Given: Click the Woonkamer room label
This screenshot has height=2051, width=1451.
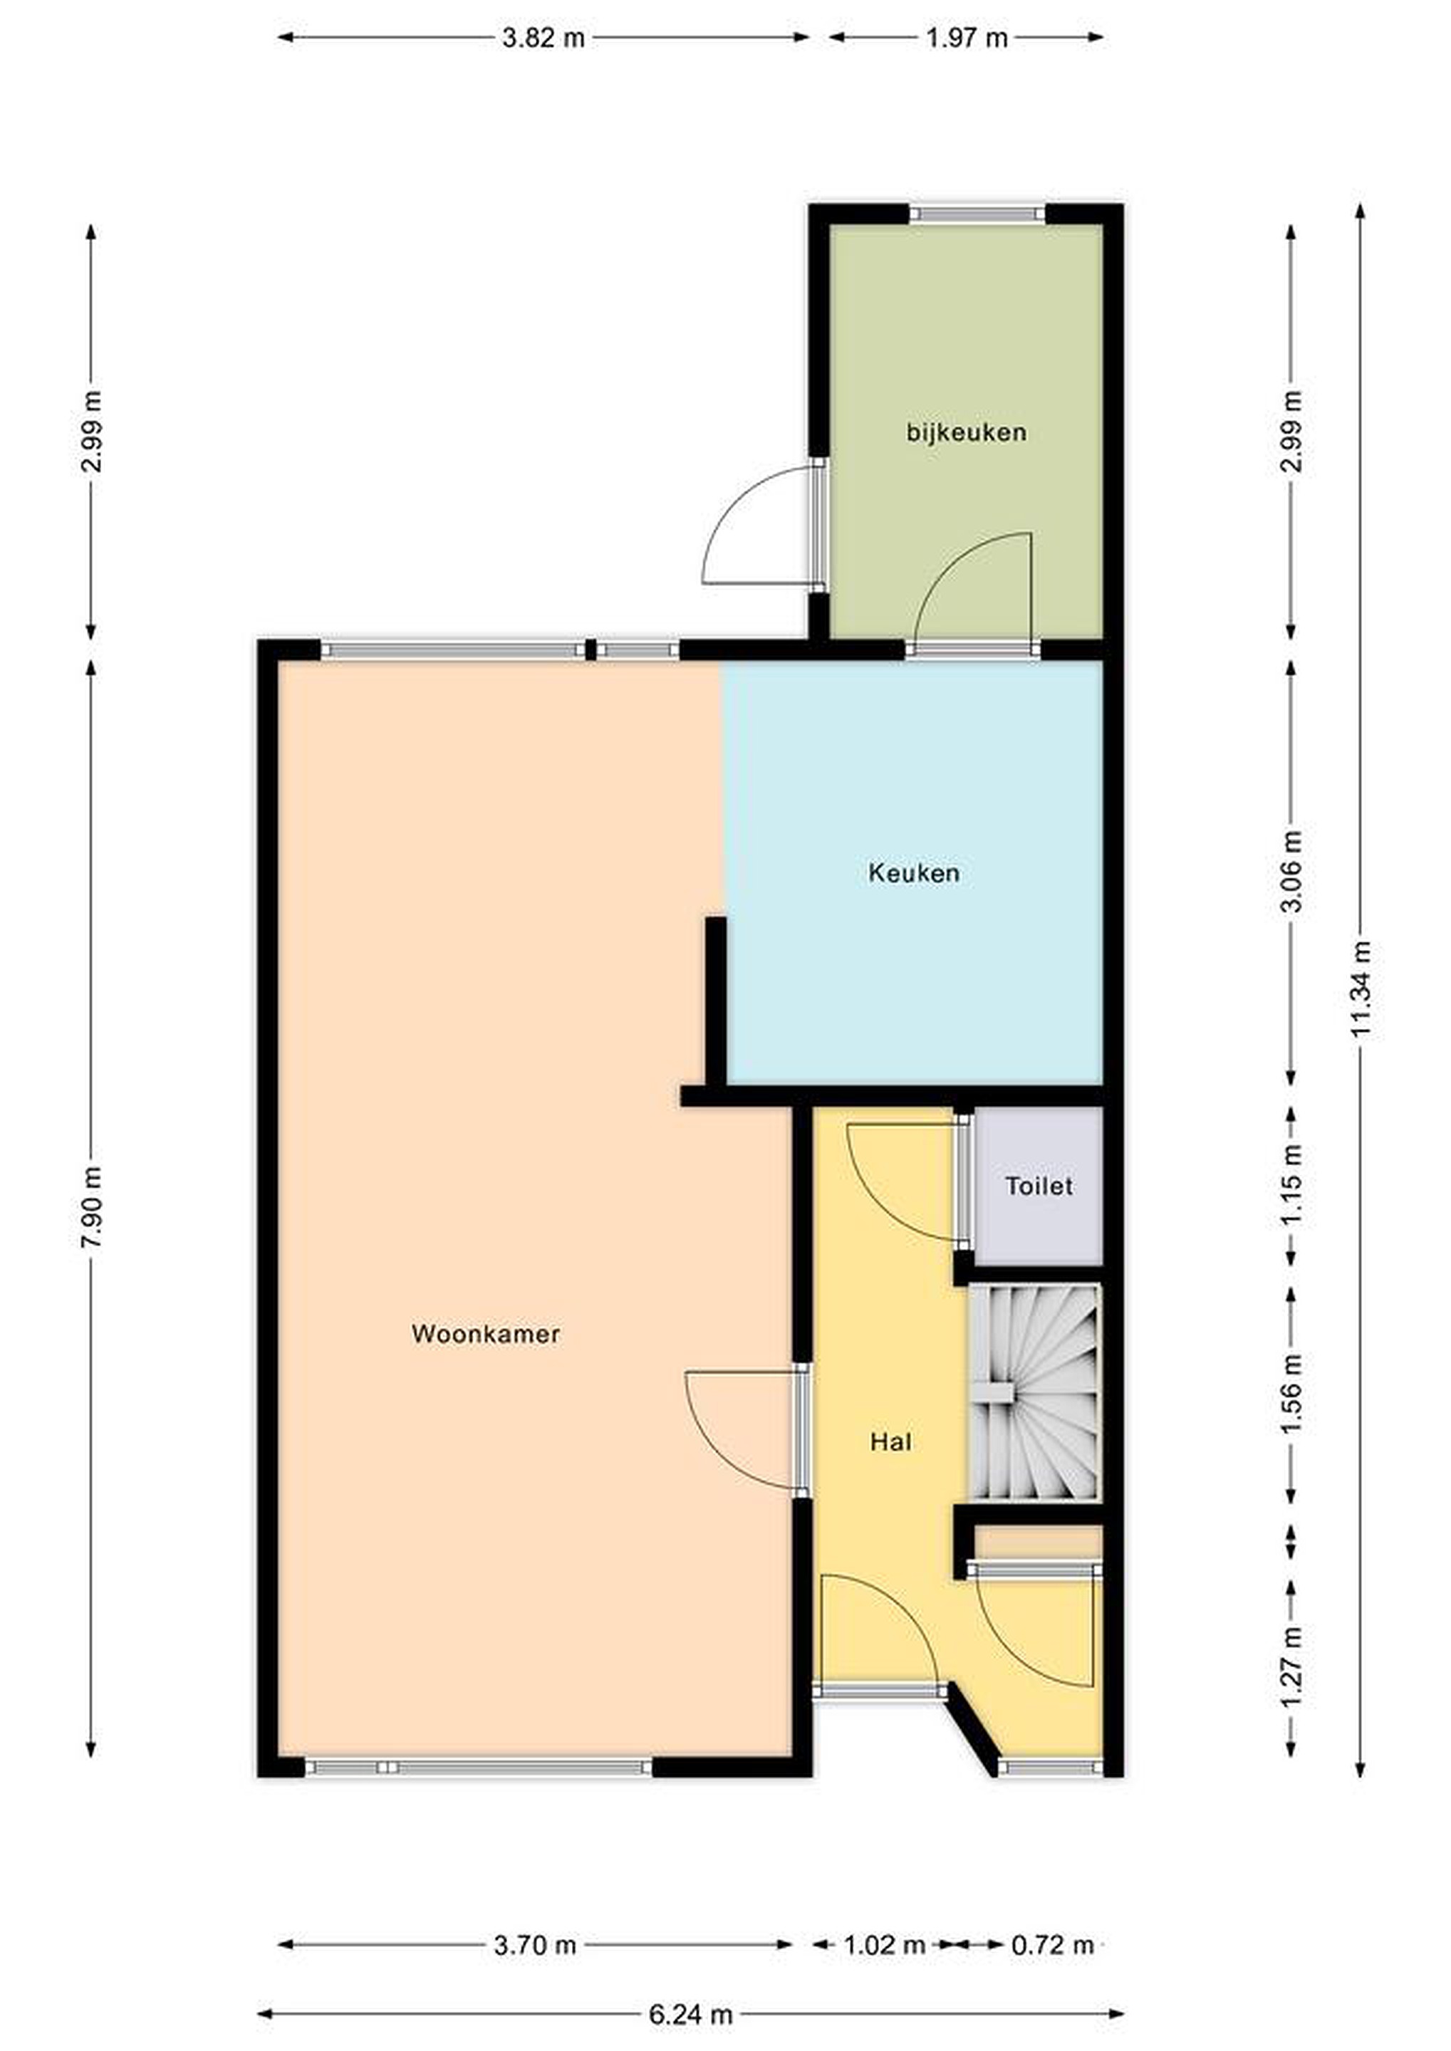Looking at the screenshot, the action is coord(485,1334).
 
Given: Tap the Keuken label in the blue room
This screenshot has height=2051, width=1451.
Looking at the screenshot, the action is coord(914,873).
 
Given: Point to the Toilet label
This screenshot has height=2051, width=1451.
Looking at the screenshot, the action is coord(1039,1186).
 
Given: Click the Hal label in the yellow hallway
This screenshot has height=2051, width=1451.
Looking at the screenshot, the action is coord(891,1442).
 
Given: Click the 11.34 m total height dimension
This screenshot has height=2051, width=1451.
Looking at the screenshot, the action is coord(1360,990).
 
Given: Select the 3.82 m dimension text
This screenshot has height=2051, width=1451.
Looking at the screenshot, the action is coord(544,38).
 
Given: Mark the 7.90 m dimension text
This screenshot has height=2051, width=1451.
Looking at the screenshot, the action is coord(91,1209).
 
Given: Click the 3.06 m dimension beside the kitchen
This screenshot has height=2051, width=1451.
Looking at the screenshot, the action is coord(1291,871).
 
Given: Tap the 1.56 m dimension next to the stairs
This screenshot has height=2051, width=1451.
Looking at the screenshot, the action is coord(1291,1394).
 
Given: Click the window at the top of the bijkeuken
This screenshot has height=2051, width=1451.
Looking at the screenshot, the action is coord(977,214).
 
